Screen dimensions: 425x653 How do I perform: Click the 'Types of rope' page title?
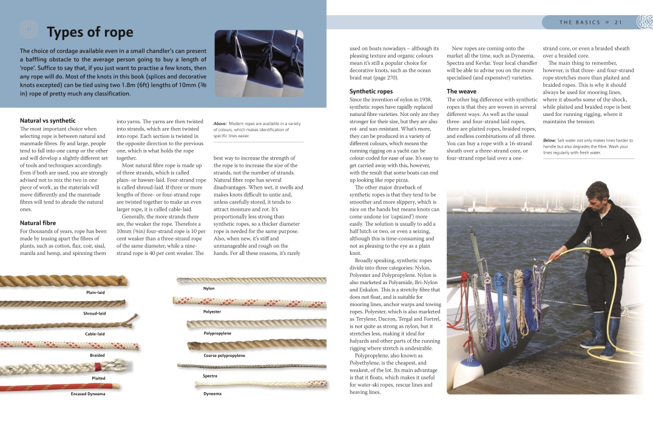(x=90, y=32)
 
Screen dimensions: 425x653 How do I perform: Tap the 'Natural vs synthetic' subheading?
(x=48, y=121)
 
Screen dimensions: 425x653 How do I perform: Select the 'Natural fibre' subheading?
(x=38, y=223)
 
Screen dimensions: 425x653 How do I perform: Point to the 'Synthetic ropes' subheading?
(x=371, y=92)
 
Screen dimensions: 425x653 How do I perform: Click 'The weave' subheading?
(x=461, y=92)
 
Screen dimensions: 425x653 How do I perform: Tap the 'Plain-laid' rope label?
(x=95, y=293)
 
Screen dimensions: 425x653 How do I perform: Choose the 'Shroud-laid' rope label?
(x=95, y=313)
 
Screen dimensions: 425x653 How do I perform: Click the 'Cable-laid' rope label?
(x=95, y=334)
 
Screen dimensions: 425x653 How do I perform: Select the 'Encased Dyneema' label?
(x=88, y=394)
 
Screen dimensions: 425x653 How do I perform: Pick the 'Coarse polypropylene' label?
(x=224, y=356)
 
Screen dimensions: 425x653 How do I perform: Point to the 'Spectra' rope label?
(x=210, y=376)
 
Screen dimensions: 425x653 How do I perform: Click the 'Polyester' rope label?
(x=212, y=311)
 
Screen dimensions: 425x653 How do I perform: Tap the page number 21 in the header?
(x=618, y=22)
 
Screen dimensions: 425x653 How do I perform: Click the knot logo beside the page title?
(x=29, y=30)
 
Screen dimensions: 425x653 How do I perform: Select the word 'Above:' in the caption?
(x=220, y=124)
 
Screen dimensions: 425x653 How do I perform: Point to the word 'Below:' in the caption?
(x=550, y=140)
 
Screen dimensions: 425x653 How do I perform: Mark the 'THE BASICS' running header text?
(x=580, y=22)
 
